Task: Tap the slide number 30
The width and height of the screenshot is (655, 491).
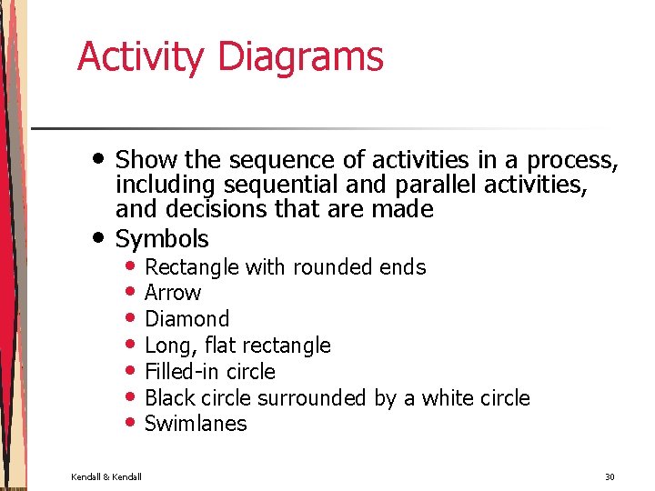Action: [610, 476]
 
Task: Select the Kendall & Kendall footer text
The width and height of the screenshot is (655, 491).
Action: [106, 476]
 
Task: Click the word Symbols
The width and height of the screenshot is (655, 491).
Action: [162, 239]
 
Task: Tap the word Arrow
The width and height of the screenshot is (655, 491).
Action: [173, 293]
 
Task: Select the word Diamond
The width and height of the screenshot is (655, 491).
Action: [187, 319]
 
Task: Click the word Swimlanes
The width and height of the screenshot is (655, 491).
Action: [196, 424]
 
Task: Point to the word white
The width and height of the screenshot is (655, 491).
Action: [442, 398]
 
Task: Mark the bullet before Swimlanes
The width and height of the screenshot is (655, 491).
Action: [132, 423]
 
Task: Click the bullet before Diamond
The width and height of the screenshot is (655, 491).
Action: [132, 318]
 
